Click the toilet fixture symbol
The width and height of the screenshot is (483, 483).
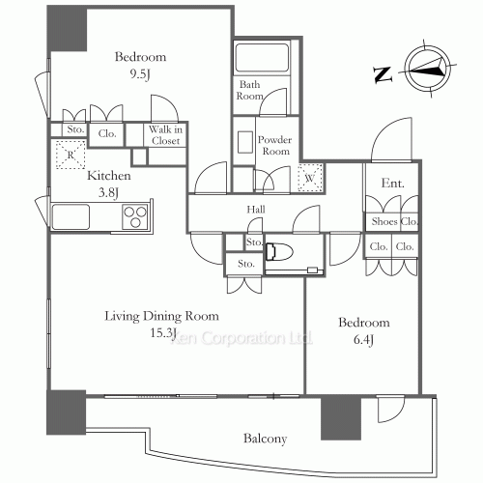tap(279, 251)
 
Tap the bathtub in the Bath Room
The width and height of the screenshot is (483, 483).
tap(262, 58)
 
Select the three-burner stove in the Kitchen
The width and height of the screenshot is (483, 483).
tap(135, 216)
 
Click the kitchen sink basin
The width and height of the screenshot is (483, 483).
tap(71, 216)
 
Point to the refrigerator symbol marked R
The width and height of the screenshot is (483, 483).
tap(71, 155)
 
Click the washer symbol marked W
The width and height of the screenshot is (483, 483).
tap(310, 178)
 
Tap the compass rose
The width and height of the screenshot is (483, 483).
tap(428, 69)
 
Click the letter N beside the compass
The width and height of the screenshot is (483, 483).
tap(383, 74)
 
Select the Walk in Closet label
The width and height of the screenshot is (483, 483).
tap(165, 135)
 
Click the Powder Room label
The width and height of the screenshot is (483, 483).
tap(275, 145)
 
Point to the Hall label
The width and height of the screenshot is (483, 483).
tap(256, 210)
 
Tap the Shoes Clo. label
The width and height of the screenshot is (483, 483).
tap(394, 221)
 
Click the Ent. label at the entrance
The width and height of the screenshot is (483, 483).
tap(392, 183)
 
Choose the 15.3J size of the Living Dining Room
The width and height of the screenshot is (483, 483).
tap(163, 332)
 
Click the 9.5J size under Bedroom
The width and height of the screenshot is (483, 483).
tap(140, 74)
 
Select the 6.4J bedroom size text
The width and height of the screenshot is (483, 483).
tap(364, 340)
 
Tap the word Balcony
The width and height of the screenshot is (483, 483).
tap(265, 439)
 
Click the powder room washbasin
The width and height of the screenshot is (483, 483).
tap(245, 142)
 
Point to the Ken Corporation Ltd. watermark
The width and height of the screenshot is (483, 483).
tap(241, 338)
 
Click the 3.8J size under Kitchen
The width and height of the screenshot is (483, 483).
tap(109, 193)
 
